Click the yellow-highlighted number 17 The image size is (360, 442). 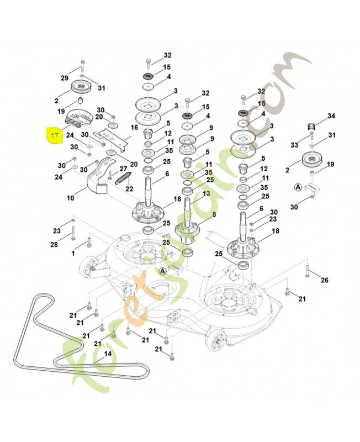click(54, 135)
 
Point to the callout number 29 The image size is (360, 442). click(65, 78)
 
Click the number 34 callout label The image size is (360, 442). click(331, 116)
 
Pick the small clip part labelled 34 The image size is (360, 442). click(311, 127)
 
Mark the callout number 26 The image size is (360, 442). click(325, 280)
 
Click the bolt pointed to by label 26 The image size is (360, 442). click(307, 271)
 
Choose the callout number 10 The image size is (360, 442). click(71, 198)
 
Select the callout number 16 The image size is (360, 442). click(134, 128)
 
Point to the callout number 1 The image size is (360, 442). click(73, 254)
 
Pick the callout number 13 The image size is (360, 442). click(206, 194)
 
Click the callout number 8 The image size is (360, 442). click(214, 214)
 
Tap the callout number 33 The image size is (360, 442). click(294, 145)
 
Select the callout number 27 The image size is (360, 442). click(123, 169)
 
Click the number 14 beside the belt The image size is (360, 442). click(108, 354)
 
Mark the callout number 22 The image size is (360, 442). click(129, 188)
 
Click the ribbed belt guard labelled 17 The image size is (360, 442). click(80, 118)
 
